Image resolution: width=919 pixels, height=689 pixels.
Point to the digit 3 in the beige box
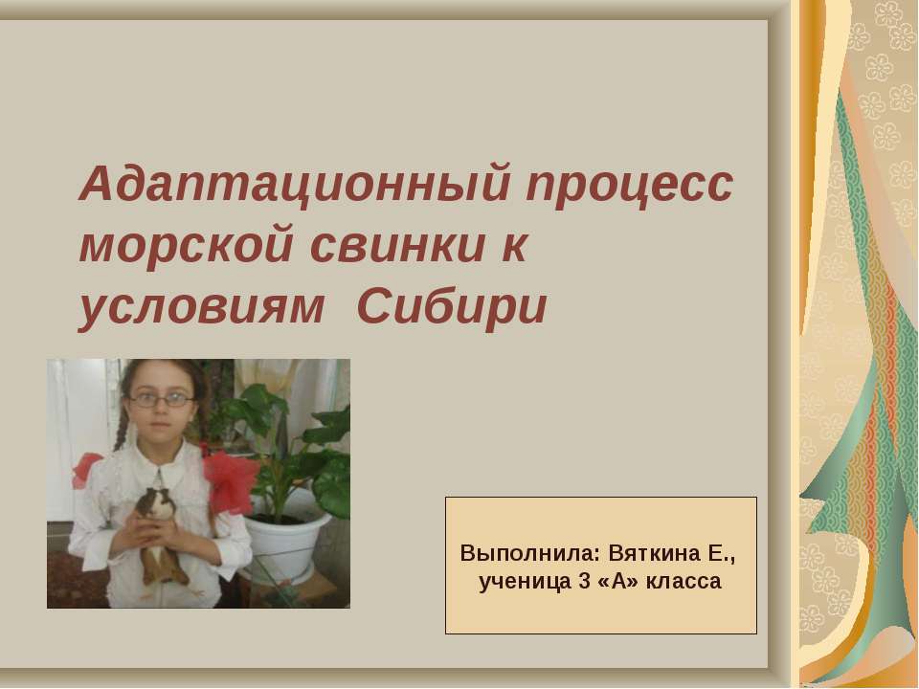583,581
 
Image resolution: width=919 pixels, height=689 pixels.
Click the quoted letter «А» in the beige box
619,581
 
